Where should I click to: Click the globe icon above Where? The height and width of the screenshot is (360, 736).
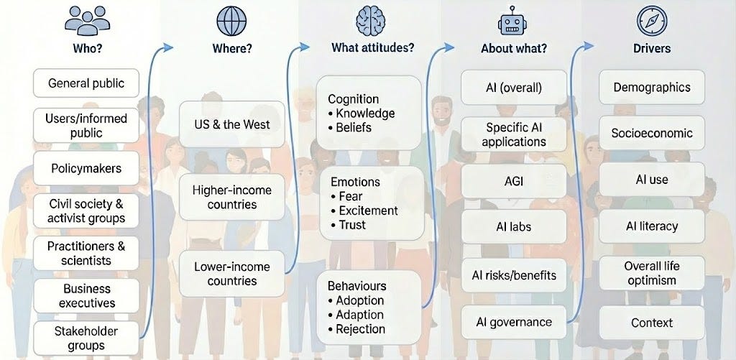(x=231, y=21)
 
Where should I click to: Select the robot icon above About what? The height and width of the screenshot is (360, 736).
(x=513, y=21)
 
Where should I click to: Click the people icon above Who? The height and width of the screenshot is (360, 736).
(x=88, y=21)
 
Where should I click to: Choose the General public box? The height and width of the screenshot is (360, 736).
(x=86, y=83)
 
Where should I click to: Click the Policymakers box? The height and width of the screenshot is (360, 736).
(x=86, y=169)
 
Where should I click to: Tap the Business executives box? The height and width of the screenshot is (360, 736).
(x=86, y=295)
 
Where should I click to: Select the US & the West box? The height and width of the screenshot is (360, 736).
(x=231, y=124)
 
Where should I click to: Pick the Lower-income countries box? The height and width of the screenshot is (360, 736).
(x=231, y=274)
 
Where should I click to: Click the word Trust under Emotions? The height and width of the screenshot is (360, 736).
(x=352, y=225)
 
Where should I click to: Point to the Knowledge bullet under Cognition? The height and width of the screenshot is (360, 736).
(x=365, y=114)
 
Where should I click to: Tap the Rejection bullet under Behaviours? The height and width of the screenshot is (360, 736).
(x=360, y=329)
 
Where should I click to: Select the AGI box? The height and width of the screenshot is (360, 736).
(x=513, y=181)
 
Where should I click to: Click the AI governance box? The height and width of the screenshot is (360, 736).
(x=513, y=322)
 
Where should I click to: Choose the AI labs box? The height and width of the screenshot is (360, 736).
(x=513, y=226)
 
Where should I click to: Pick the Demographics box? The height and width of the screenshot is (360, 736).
(x=651, y=88)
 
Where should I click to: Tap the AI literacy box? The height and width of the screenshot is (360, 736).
(x=651, y=226)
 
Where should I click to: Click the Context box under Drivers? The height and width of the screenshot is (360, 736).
(x=651, y=323)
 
